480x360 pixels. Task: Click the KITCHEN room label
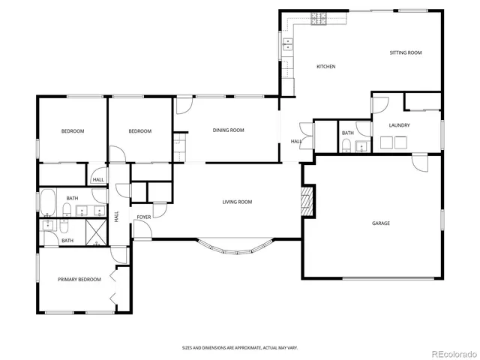pyautogui.click(x=325, y=67)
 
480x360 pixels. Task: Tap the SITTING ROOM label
pyautogui.click(x=406, y=53)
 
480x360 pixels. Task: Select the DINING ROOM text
pyautogui.click(x=229, y=130)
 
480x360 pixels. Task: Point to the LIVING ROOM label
pyautogui.click(x=237, y=202)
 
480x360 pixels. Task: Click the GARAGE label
pyautogui.click(x=381, y=223)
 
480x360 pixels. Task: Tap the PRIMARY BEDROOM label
pyautogui.click(x=79, y=279)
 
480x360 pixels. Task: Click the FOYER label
pyautogui.click(x=143, y=217)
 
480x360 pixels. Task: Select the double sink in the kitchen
pyautogui.click(x=286, y=49)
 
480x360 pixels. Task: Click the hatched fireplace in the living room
pyautogui.click(x=304, y=200)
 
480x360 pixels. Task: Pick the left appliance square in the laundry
pyautogui.click(x=388, y=142)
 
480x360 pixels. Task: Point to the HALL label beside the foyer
pyautogui.click(x=116, y=216)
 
